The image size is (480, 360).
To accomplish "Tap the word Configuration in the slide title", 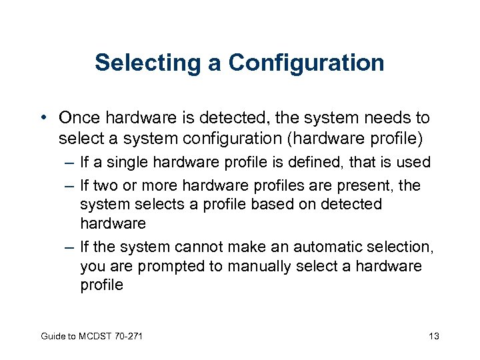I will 306,63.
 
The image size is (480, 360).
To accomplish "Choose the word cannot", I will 199,247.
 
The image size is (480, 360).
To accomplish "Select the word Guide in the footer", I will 52,335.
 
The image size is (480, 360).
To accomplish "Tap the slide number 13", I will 434,335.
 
